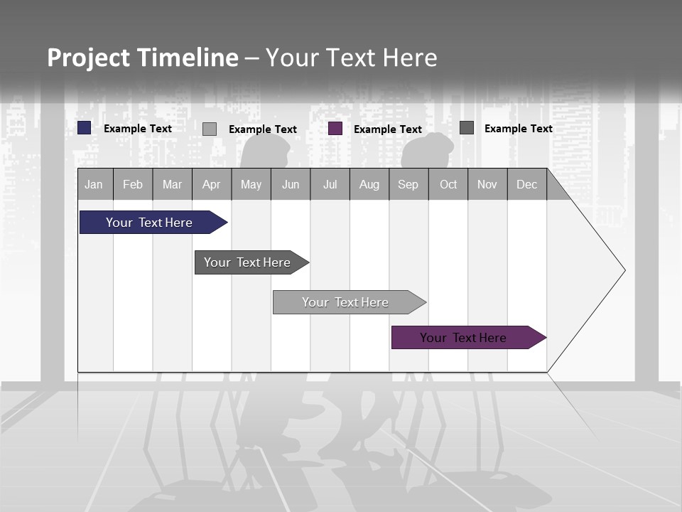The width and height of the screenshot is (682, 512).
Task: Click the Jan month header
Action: point(94,184)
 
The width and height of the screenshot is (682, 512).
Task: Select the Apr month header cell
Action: point(211,184)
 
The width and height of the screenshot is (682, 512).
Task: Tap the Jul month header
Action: point(330,184)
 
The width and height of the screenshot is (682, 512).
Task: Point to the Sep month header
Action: point(408,184)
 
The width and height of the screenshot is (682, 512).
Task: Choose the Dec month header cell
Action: point(526,184)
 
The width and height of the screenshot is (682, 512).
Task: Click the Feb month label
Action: point(133,184)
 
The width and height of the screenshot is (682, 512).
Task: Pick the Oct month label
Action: point(448,184)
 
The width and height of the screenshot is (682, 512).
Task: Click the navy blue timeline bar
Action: point(149,223)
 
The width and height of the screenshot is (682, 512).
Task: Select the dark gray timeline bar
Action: point(247,262)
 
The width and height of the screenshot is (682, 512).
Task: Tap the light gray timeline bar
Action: point(345,302)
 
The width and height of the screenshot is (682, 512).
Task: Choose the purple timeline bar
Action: point(463,338)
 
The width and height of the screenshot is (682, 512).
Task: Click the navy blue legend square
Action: point(85,128)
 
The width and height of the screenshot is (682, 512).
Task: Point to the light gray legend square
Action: point(210,129)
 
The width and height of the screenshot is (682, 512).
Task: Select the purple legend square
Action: point(335,129)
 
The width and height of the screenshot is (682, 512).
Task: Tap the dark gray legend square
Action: point(467,128)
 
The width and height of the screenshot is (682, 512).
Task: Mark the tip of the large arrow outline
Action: point(624,270)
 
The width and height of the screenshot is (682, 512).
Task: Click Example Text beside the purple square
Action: point(388,129)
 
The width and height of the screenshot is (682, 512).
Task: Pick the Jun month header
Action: point(291,184)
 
